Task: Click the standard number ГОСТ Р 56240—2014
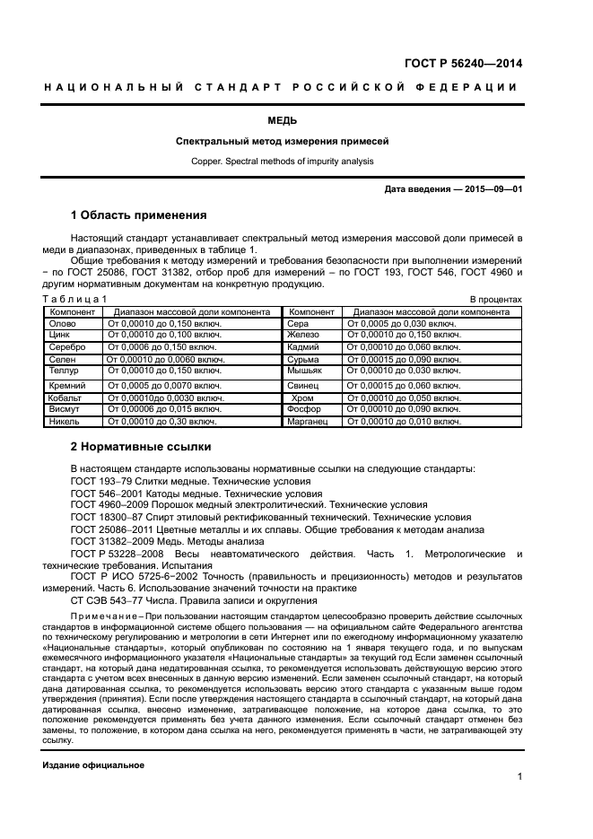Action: tap(465, 63)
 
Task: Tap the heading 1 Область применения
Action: tap(138, 215)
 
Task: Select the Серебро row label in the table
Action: tap(67, 346)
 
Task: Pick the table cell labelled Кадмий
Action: tap(303, 346)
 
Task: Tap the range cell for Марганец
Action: tap(403, 420)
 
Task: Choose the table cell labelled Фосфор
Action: tap(303, 408)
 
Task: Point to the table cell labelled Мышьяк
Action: tap(304, 370)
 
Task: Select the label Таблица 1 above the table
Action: tap(74, 299)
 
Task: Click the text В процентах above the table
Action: tap(495, 299)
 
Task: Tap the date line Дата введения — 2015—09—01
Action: tap(453, 189)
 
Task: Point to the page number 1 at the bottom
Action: tap(519, 779)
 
